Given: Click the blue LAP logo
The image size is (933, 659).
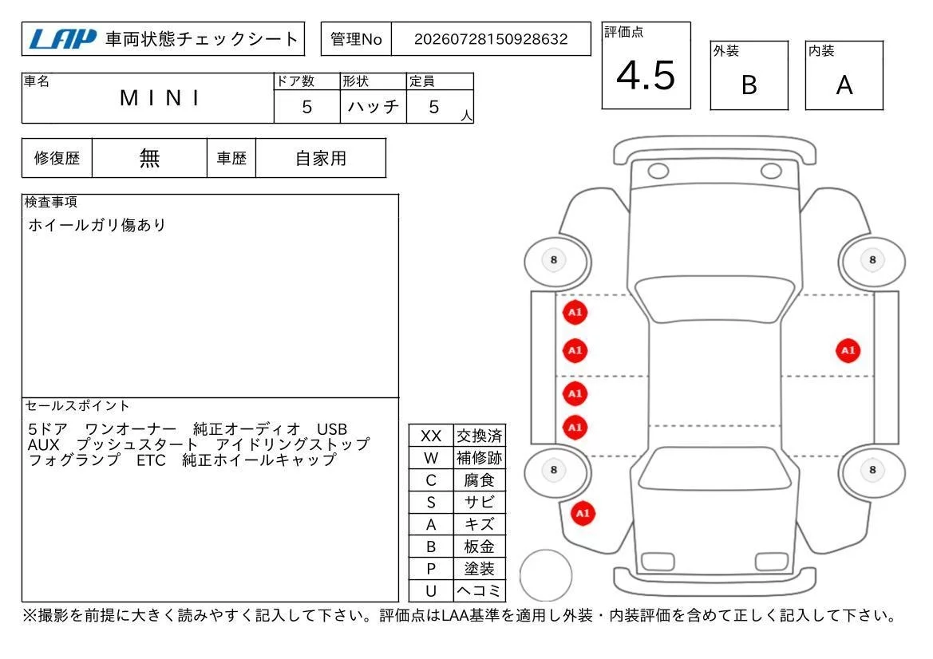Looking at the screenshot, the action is pos(63,39).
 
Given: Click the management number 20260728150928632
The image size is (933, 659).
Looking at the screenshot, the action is pos(491,39).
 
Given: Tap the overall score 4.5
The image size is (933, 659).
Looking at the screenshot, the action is pos(646,76).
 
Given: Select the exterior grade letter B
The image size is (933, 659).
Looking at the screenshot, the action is pos(749,85).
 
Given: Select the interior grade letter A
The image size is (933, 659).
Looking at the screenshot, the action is pos(844,85).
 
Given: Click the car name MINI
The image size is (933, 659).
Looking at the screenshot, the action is pos(160,98).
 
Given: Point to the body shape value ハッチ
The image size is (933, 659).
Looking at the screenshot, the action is pos(373,106).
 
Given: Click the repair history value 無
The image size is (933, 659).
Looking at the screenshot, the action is pos(149,158).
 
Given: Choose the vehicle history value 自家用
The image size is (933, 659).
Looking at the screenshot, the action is pos(321,158).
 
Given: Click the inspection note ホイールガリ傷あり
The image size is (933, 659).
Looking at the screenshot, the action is pos(97,225).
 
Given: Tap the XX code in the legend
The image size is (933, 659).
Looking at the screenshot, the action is pos(431,436).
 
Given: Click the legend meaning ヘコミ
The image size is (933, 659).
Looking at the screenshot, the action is pos(479,590).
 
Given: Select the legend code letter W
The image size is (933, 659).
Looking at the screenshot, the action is pos(431,458).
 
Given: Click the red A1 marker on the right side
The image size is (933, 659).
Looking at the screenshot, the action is pos(848,350).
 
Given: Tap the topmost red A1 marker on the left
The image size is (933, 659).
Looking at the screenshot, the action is pos(575,312).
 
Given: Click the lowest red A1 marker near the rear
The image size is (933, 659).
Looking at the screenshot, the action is pos(583,513).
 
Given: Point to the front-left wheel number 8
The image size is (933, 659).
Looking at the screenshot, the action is pos(554,260).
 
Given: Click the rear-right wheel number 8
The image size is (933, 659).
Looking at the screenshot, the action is pos(872,470).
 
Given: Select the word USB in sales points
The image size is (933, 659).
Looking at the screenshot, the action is pos(332,429).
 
